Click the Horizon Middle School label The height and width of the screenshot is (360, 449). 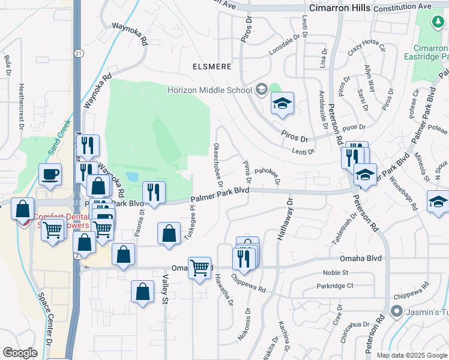(209, 91)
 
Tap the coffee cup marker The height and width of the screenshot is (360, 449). (50, 175)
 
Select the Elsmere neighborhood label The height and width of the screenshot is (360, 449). (211, 66)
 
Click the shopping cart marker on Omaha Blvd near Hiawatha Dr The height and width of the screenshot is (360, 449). (200, 268)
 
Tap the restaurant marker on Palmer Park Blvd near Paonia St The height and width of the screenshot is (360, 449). (154, 193)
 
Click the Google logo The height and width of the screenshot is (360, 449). (20, 353)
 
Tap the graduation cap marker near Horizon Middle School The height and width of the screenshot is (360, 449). (282, 103)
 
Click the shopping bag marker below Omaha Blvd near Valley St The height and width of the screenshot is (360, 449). (142, 292)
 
